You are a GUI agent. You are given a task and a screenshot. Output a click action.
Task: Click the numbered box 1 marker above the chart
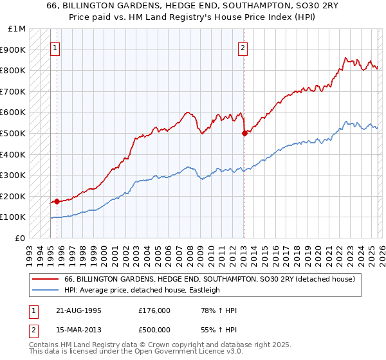(55, 47)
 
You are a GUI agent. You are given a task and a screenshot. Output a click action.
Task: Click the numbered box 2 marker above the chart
(243, 47)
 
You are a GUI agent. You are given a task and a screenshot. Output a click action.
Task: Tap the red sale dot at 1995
(57, 201)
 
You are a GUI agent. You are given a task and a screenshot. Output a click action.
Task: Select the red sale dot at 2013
(244, 133)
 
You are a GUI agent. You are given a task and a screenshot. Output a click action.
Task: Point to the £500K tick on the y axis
(13, 133)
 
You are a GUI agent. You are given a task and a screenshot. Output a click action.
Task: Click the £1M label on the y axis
(17, 29)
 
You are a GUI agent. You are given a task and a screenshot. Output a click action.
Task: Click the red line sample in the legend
(46, 279)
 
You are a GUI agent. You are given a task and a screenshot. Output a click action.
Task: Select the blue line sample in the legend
(46, 290)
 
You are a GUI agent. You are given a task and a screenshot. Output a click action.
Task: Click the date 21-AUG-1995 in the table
(78, 310)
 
